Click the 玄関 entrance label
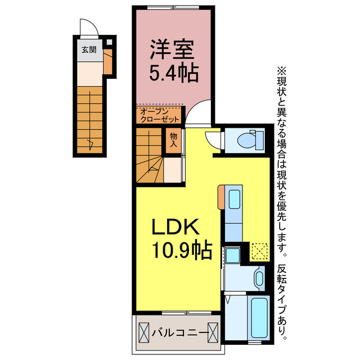click(89, 49)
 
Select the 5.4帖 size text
click(172, 73)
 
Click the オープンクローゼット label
click(160, 115)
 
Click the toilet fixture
click(250, 139)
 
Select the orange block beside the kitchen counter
click(221, 196)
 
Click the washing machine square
click(233, 254)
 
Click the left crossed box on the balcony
click(143, 332)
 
